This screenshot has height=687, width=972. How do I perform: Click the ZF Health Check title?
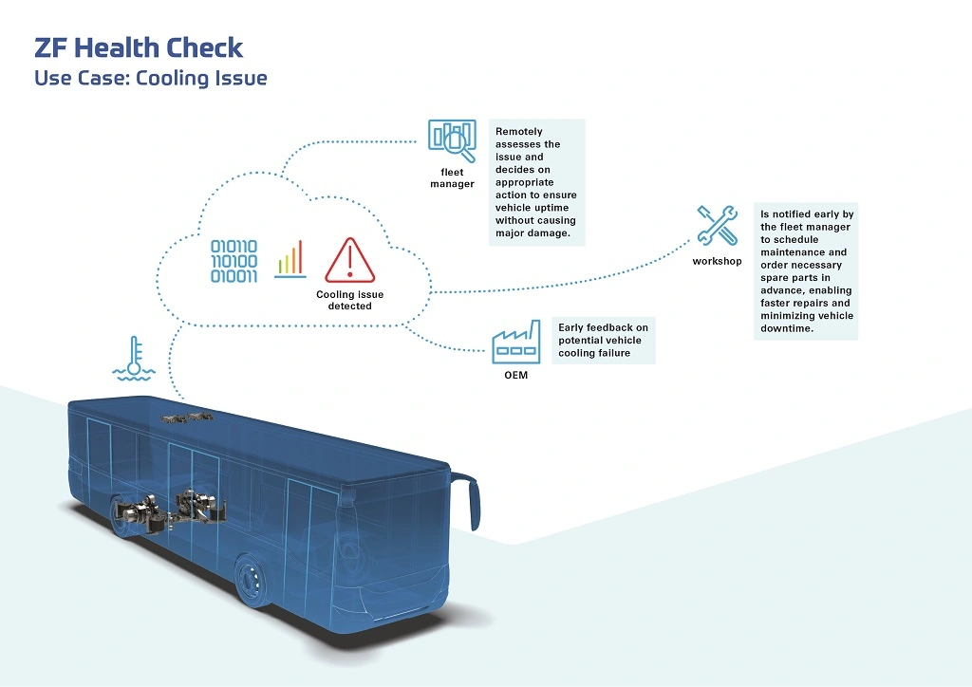click(x=139, y=47)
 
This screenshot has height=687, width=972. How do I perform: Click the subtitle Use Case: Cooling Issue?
click(x=150, y=78)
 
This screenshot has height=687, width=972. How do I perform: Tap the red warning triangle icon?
click(x=350, y=260)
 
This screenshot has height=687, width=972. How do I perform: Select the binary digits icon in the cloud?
click(x=234, y=262)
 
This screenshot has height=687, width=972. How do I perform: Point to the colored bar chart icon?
click(x=290, y=258)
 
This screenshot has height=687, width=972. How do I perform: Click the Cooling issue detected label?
click(x=349, y=301)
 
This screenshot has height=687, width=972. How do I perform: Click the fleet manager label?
click(x=452, y=178)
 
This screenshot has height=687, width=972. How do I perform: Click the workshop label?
click(x=717, y=261)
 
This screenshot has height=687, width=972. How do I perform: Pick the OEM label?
click(x=515, y=375)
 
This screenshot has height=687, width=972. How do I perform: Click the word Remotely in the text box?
click(x=520, y=131)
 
